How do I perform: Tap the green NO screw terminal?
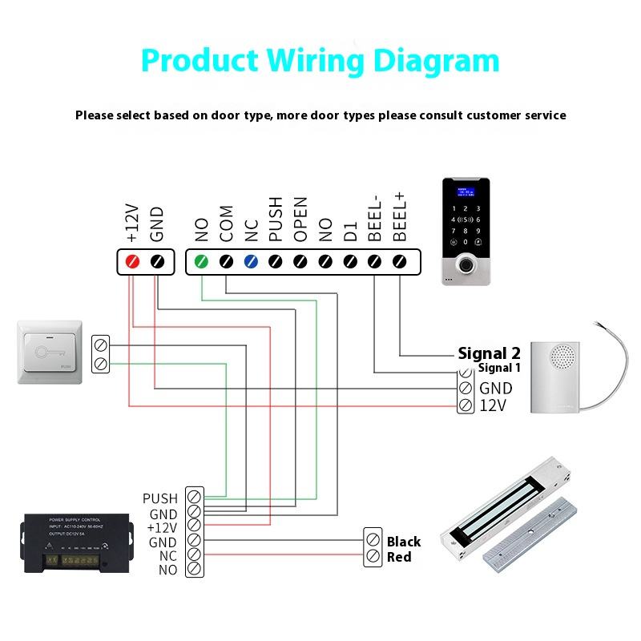[201, 261]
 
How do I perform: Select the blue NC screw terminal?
[251, 261]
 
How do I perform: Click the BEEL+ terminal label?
[399, 216]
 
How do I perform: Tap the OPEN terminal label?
[300, 220]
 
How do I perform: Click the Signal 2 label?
[489, 353]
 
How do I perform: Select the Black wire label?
[404, 542]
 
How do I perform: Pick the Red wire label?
[399, 557]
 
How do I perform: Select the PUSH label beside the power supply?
[160, 499]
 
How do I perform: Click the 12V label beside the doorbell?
[493, 405]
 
